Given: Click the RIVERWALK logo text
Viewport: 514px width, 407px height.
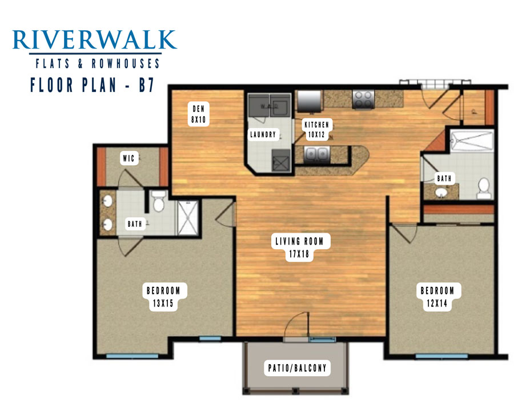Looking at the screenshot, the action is (x=94, y=39).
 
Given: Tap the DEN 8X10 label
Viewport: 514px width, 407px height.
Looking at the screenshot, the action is (x=198, y=114).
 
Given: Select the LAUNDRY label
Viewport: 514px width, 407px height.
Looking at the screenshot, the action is (x=263, y=134).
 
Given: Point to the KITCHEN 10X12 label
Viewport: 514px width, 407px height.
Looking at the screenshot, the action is (x=316, y=129).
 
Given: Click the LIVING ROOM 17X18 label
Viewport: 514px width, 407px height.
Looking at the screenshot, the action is (x=299, y=248).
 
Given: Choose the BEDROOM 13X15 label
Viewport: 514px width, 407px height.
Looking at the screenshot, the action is (x=163, y=297).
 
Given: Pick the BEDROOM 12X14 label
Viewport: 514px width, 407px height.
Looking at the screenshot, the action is (x=437, y=297).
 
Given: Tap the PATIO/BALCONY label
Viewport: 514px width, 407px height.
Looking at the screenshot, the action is (x=298, y=368).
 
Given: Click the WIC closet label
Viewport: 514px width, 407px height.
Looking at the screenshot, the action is (x=128, y=158).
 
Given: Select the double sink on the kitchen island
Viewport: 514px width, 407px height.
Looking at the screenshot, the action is (x=316, y=154).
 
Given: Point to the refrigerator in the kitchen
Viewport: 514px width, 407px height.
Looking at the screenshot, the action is (x=309, y=101).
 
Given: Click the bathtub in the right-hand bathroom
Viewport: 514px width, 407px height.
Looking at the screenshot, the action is (x=472, y=141).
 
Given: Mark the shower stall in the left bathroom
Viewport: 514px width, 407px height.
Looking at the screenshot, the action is (x=188, y=218).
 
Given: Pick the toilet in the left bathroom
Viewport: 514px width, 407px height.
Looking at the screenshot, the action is (x=159, y=202).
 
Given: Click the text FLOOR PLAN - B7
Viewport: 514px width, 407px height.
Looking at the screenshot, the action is (x=92, y=85).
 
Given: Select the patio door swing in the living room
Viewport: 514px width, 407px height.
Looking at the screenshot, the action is (x=296, y=325).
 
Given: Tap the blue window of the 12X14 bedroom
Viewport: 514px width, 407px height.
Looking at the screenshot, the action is (x=441, y=356).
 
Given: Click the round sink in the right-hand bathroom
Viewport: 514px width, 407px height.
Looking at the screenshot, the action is (x=441, y=192).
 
